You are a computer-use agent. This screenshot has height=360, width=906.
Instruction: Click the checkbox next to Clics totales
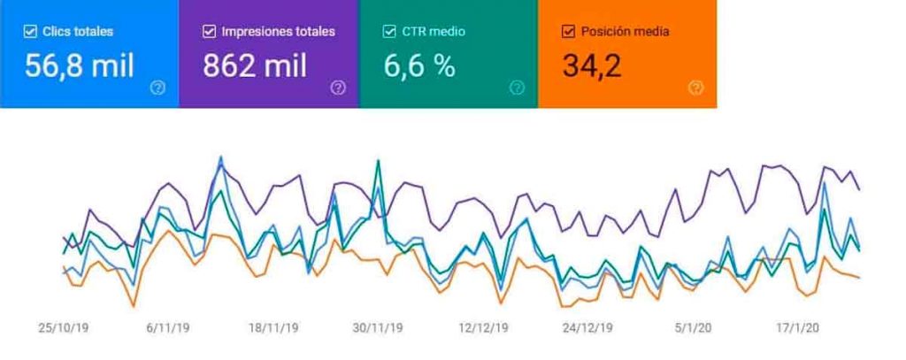pos(30,32)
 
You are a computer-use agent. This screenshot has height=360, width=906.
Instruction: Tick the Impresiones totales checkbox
pos(209,32)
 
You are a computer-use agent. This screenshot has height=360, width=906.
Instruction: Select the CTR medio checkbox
pos(389,32)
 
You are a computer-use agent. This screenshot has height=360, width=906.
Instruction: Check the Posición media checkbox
pos(569,32)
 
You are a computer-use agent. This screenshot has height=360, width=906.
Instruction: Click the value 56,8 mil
pos(80,66)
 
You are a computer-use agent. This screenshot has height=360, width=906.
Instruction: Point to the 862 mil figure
pos(257,66)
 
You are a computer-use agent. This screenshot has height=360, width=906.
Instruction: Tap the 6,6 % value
pos(420,66)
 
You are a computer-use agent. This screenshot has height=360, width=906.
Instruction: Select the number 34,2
pos(592,66)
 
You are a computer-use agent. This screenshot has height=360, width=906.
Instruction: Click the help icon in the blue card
pos(158,88)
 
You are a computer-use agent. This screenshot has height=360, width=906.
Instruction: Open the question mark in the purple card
pos(338,88)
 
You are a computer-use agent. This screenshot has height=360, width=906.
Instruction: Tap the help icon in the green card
pos(517,88)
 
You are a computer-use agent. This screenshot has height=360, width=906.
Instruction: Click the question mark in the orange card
pos(696,88)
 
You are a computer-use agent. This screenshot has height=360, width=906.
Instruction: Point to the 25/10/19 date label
pos(64,328)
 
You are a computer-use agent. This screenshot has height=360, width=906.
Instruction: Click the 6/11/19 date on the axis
pos(167,328)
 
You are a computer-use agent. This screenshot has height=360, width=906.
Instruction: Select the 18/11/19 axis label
pos(273,328)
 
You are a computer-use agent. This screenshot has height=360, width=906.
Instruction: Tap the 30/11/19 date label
pos(379,328)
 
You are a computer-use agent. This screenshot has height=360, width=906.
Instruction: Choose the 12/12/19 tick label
pos(483,328)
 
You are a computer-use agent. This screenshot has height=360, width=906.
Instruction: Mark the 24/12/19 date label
pos(587,328)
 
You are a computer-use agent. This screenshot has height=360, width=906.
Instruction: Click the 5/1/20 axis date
pos(693,328)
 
